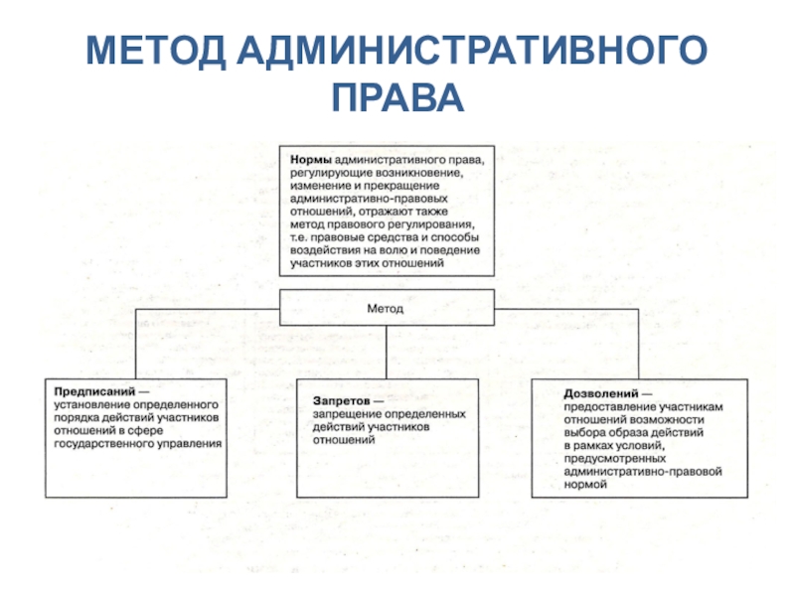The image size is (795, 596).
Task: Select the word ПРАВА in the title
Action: pyautogui.click(x=397, y=96)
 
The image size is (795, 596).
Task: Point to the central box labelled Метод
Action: pyautogui.click(x=386, y=308)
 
